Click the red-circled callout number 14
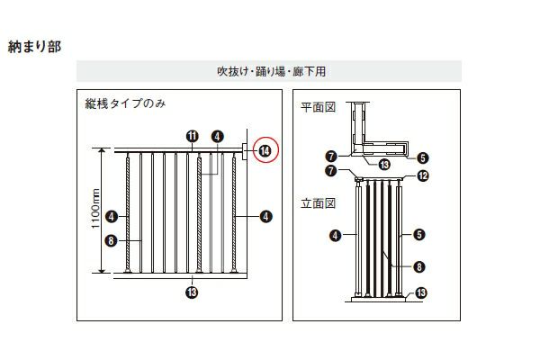coord(265,151)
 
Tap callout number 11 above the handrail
coord(193,137)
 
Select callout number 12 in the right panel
coord(423,175)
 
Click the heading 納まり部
coord(34,47)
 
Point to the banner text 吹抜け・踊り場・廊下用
coord(272,71)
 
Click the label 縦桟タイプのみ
coord(125,103)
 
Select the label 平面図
coord(318,107)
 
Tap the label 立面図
coord(318,203)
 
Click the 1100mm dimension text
coord(95,208)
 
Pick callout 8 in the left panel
coord(111,240)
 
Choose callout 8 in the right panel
coord(419,266)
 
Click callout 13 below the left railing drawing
coord(192,292)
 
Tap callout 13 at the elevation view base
coord(421,292)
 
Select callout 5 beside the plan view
coord(423,158)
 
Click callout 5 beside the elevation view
coord(419,235)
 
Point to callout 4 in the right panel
coord(335,236)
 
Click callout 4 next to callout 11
coord(217,137)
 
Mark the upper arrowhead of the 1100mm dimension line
coord(102,151)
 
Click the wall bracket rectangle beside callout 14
coord(245,151)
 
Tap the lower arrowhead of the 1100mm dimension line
coord(102,270)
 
